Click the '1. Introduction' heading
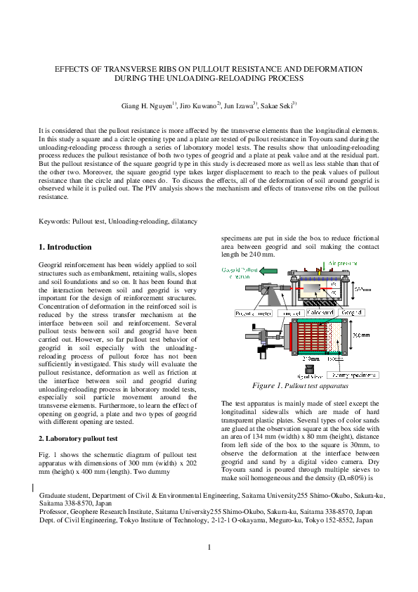tap(65, 247)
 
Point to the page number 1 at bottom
tap(209, 548)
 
